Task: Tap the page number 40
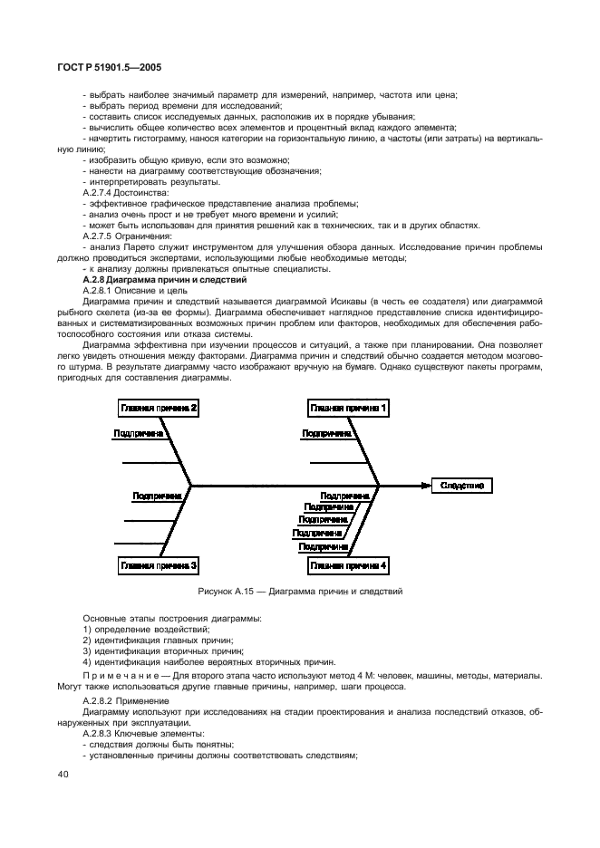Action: pos(63,773)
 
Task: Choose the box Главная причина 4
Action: pos(348,565)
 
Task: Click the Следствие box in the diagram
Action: pos(461,486)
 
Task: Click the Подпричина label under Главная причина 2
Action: pos(138,434)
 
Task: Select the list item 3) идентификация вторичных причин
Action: pos(150,650)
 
